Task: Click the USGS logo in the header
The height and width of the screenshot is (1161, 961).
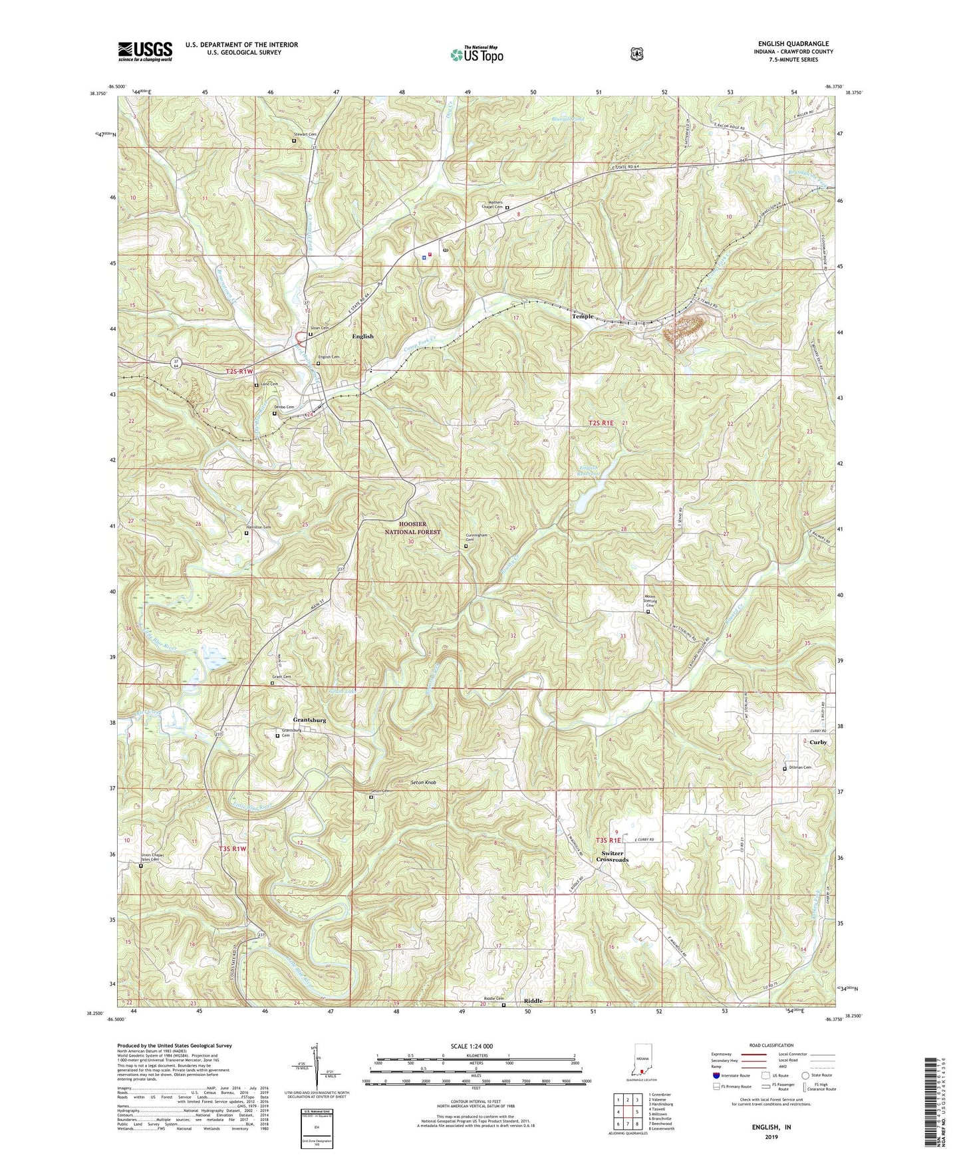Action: point(145,51)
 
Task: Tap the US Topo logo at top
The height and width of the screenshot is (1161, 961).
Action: point(476,55)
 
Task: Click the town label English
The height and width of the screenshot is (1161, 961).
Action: point(363,336)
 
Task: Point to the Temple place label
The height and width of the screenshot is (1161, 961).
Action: point(583,317)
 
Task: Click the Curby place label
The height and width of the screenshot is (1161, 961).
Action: point(817,742)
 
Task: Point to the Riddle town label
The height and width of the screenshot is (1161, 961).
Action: point(533,1001)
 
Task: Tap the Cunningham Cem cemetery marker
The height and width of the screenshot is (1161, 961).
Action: point(466,547)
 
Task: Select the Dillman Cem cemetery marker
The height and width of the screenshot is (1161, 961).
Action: point(785,769)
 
